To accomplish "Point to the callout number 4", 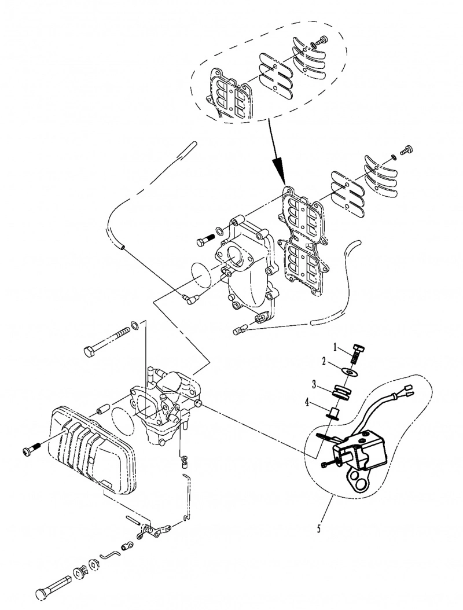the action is click(308, 402).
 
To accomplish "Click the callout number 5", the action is click(319, 529).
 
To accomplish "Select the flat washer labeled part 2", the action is click(352, 372).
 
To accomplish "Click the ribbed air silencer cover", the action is click(91, 450).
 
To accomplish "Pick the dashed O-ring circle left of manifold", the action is click(201, 275).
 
